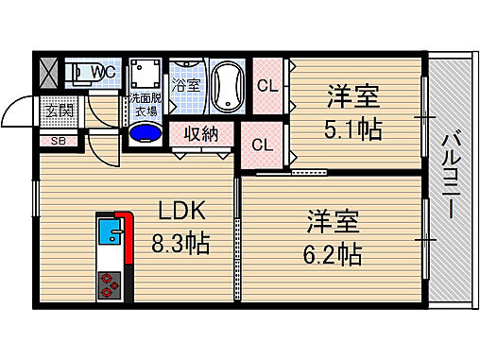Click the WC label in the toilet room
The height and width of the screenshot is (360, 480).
[105, 72]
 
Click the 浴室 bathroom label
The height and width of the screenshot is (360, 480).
[185, 86]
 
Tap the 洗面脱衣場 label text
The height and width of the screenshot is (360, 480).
[146, 104]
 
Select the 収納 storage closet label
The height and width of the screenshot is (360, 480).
[202, 133]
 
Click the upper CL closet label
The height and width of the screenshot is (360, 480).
[268, 86]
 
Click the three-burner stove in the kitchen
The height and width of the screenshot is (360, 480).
[110, 283]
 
